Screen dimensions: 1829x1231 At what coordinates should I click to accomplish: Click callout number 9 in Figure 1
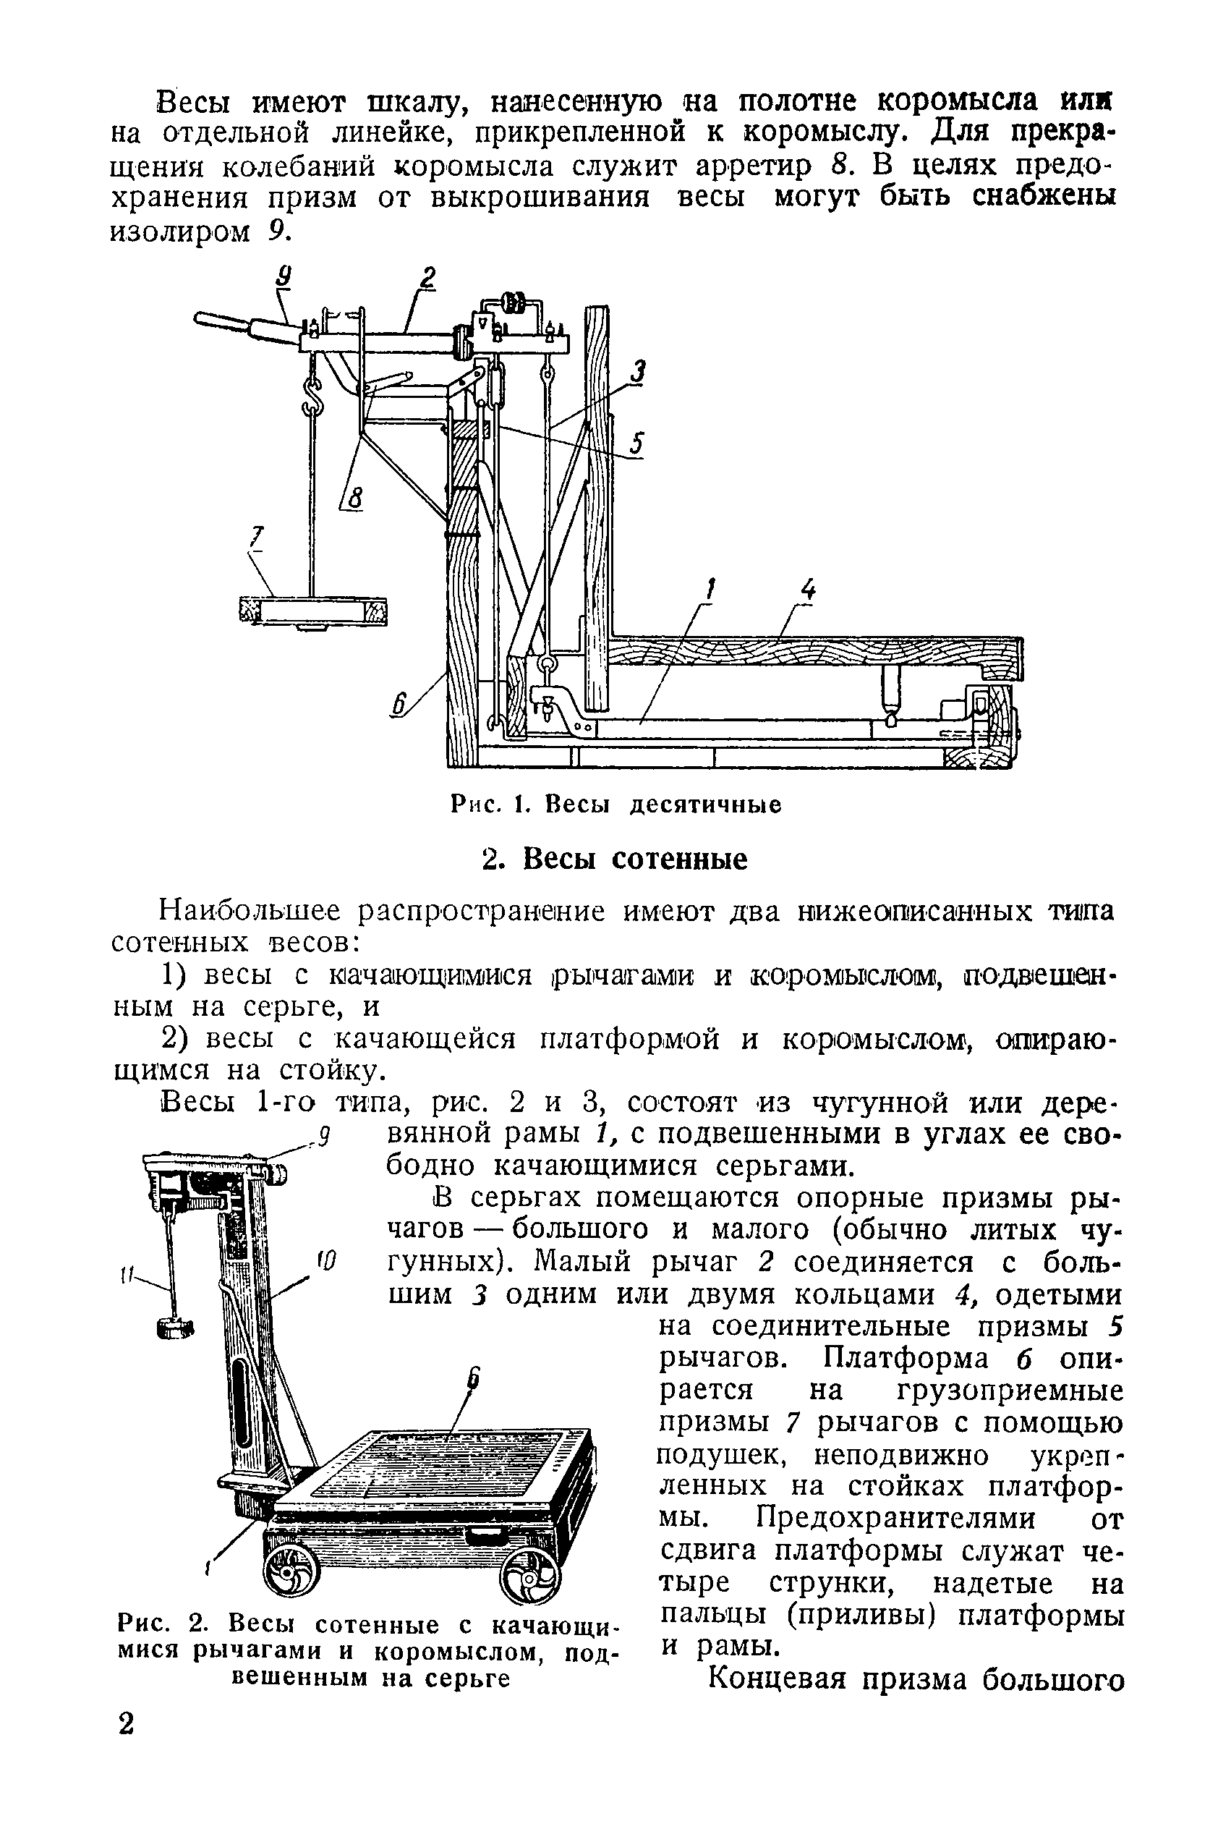click(x=284, y=277)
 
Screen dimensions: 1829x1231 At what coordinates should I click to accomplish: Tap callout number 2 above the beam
click(x=428, y=279)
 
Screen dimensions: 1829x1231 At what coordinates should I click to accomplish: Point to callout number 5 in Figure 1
click(x=637, y=444)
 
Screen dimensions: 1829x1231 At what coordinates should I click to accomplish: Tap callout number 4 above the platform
click(x=808, y=590)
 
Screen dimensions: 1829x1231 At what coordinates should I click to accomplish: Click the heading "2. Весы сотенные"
click(x=615, y=859)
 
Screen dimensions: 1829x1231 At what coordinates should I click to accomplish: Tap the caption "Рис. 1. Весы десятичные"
click(x=616, y=805)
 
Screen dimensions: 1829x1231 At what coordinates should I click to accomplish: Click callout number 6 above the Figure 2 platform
click(x=474, y=1380)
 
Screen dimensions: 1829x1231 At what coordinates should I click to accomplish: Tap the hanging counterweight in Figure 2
click(x=176, y=1327)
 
